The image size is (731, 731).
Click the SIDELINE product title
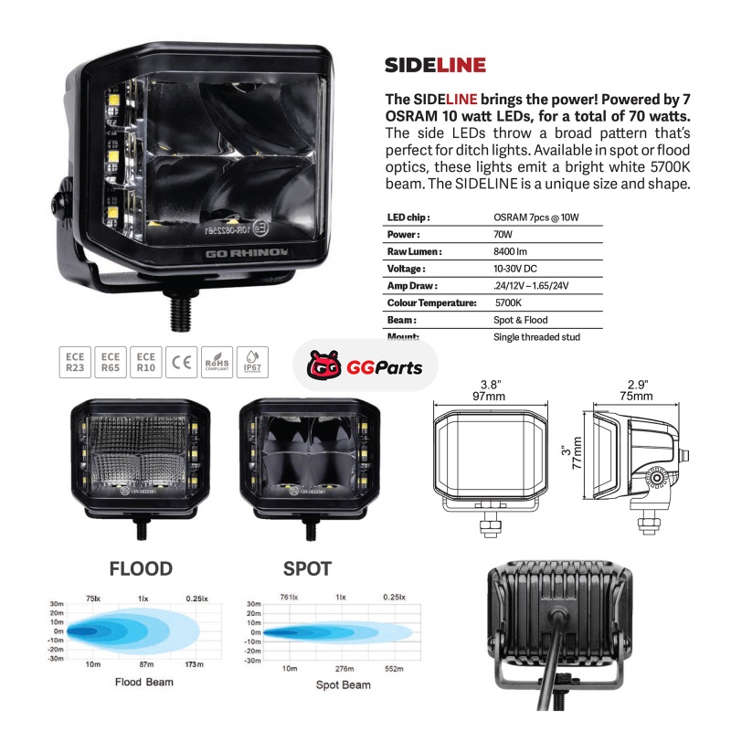click(x=435, y=65)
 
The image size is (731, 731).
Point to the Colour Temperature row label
click(x=431, y=302)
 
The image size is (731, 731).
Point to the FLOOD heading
click(x=141, y=569)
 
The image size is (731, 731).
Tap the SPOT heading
click(x=307, y=569)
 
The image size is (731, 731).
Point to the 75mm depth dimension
click(x=636, y=396)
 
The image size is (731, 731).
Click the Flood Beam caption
click(x=144, y=683)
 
